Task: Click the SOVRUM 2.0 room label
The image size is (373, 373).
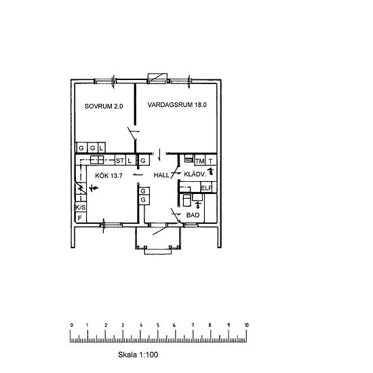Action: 103,106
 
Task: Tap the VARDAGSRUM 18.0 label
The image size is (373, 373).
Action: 176,106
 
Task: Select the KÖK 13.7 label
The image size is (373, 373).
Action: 101,176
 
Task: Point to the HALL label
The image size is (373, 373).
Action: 161,176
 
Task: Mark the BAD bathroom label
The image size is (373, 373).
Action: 193,215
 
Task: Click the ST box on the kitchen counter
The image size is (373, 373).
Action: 119,161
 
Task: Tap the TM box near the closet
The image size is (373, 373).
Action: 199,161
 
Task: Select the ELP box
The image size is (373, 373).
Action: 206,188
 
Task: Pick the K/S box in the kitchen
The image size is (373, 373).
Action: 79,207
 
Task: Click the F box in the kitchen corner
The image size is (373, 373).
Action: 79,218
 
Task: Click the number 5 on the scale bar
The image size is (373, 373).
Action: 159,326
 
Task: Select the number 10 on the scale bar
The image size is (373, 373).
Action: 247,326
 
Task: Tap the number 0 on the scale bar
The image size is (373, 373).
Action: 71,326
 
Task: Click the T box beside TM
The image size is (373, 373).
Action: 211,161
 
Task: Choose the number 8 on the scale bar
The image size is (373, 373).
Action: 212,326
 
